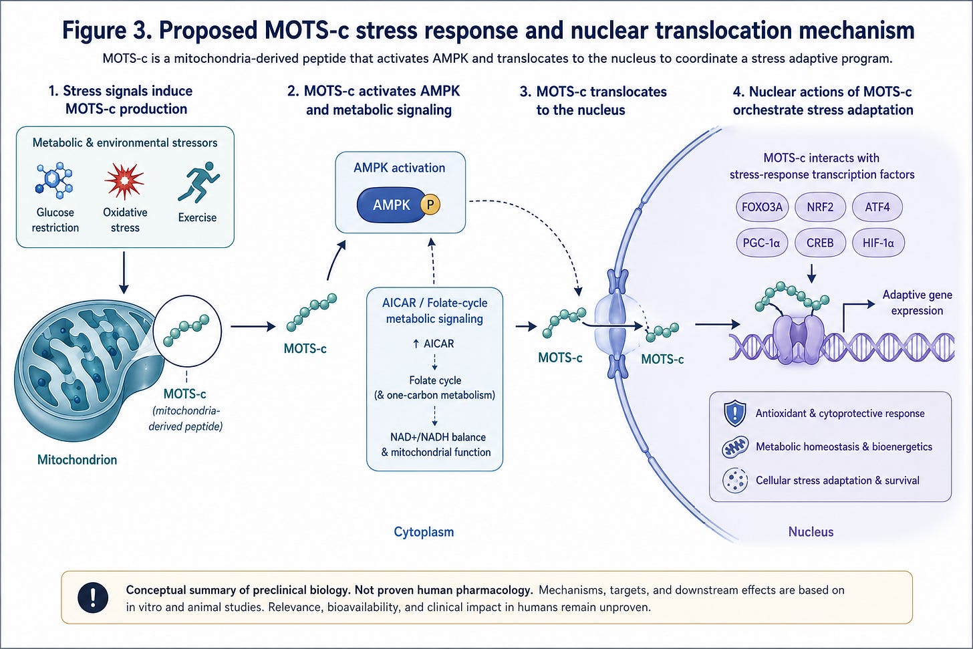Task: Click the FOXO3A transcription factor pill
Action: pyautogui.click(x=762, y=207)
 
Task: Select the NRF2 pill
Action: pyautogui.click(x=820, y=207)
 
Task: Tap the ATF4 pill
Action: pyautogui.click(x=877, y=207)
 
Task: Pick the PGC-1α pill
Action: pyautogui.click(x=762, y=243)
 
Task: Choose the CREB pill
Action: pyautogui.click(x=820, y=243)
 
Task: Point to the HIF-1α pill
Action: pyautogui.click(x=878, y=243)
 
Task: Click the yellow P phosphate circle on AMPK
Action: pyautogui.click(x=430, y=205)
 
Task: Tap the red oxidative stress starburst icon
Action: pyautogui.click(x=124, y=181)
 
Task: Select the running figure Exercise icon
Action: pyautogui.click(x=198, y=182)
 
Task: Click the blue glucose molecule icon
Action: pyautogui.click(x=54, y=179)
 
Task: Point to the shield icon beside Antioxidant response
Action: pyautogui.click(x=735, y=413)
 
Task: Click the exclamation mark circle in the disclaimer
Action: pyautogui.click(x=93, y=598)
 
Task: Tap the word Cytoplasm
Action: pyautogui.click(x=424, y=532)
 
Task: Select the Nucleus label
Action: pyautogui.click(x=811, y=532)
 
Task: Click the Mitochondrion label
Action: pyautogui.click(x=78, y=460)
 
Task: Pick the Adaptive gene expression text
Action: pyautogui.click(x=917, y=303)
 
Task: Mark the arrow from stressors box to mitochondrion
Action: pyautogui.click(x=124, y=273)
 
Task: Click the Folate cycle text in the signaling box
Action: pyautogui.click(x=435, y=380)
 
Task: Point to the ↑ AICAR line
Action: pyautogui.click(x=433, y=344)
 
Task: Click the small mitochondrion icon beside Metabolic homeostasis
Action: pyautogui.click(x=735, y=447)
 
